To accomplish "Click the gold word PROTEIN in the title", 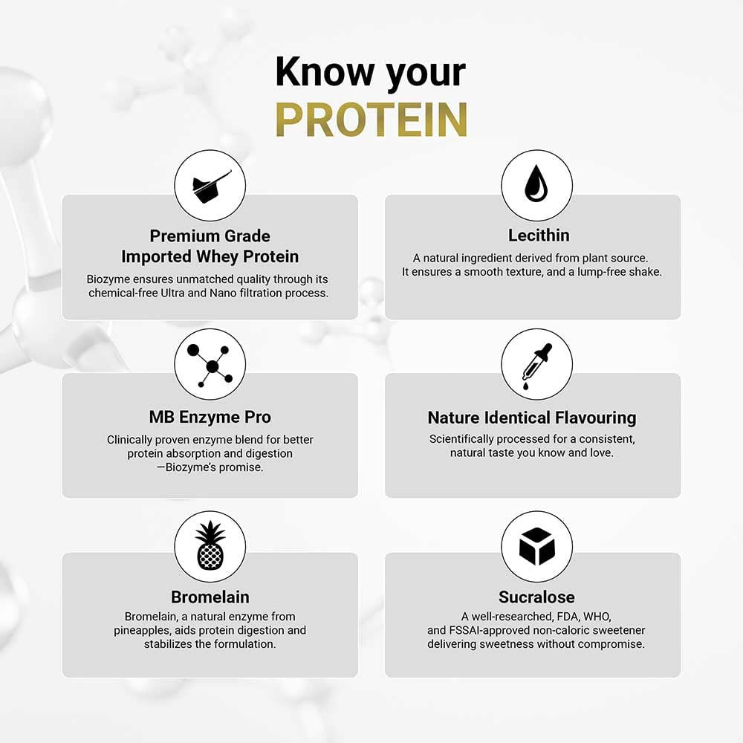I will click(x=371, y=119).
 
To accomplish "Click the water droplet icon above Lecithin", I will click(x=536, y=185).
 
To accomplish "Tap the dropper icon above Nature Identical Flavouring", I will click(x=536, y=364).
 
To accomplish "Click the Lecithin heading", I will click(x=539, y=236).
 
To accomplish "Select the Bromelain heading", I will click(x=210, y=597).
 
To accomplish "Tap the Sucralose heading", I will click(x=536, y=597).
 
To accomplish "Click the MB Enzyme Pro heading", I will click(x=210, y=417).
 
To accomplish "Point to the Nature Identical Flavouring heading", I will click(x=532, y=418).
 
